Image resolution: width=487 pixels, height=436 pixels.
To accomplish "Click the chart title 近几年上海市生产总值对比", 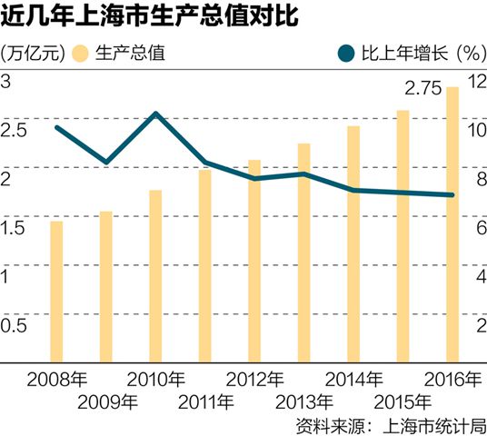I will [x=155, y=19].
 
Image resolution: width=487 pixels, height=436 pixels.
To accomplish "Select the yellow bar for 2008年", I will [x=56, y=291].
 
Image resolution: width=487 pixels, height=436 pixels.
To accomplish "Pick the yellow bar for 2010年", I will [x=155, y=275].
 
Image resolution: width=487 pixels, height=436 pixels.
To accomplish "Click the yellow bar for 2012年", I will [x=254, y=260].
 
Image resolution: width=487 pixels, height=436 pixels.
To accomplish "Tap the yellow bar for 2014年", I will [x=353, y=243].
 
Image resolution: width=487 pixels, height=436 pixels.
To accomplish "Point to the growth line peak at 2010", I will [x=155, y=114].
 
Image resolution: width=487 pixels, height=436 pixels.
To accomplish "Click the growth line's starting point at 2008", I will [x=56, y=127].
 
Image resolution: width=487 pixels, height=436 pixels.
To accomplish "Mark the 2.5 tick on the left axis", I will [x=14, y=130].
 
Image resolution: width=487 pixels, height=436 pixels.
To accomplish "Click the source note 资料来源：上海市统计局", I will [x=391, y=424].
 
